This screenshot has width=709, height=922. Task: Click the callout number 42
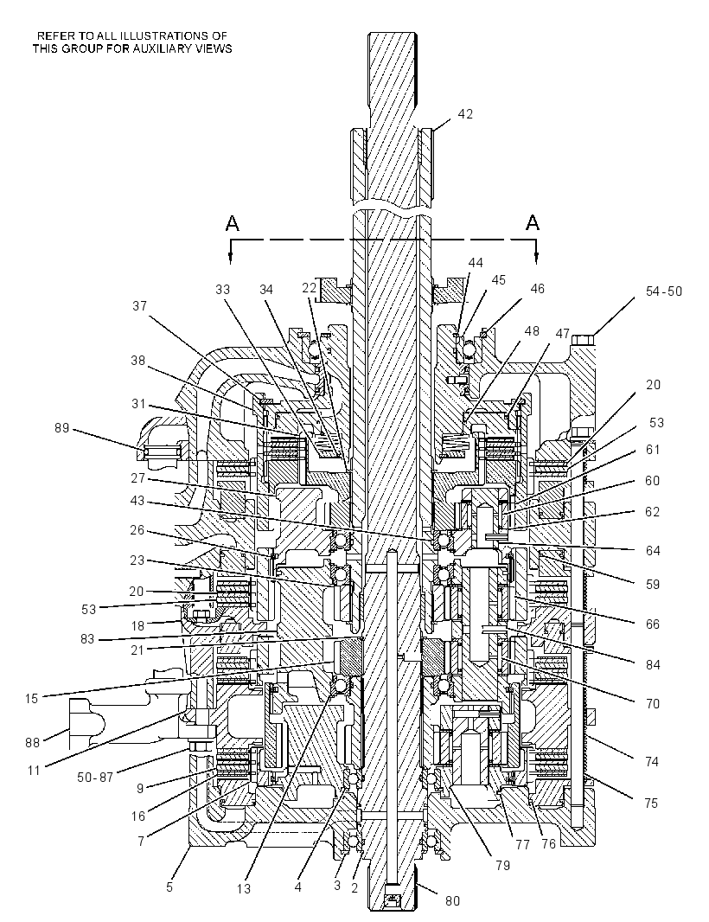(465, 114)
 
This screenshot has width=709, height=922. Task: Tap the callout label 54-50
(664, 291)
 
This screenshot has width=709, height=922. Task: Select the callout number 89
(61, 428)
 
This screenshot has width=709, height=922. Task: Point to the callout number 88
(33, 743)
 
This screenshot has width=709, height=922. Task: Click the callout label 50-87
(94, 778)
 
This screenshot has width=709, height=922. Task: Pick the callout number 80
(452, 901)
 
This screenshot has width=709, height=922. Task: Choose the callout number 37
(139, 306)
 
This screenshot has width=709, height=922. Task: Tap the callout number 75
(650, 804)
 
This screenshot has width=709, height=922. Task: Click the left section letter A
(233, 223)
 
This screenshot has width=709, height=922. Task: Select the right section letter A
(533, 223)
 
